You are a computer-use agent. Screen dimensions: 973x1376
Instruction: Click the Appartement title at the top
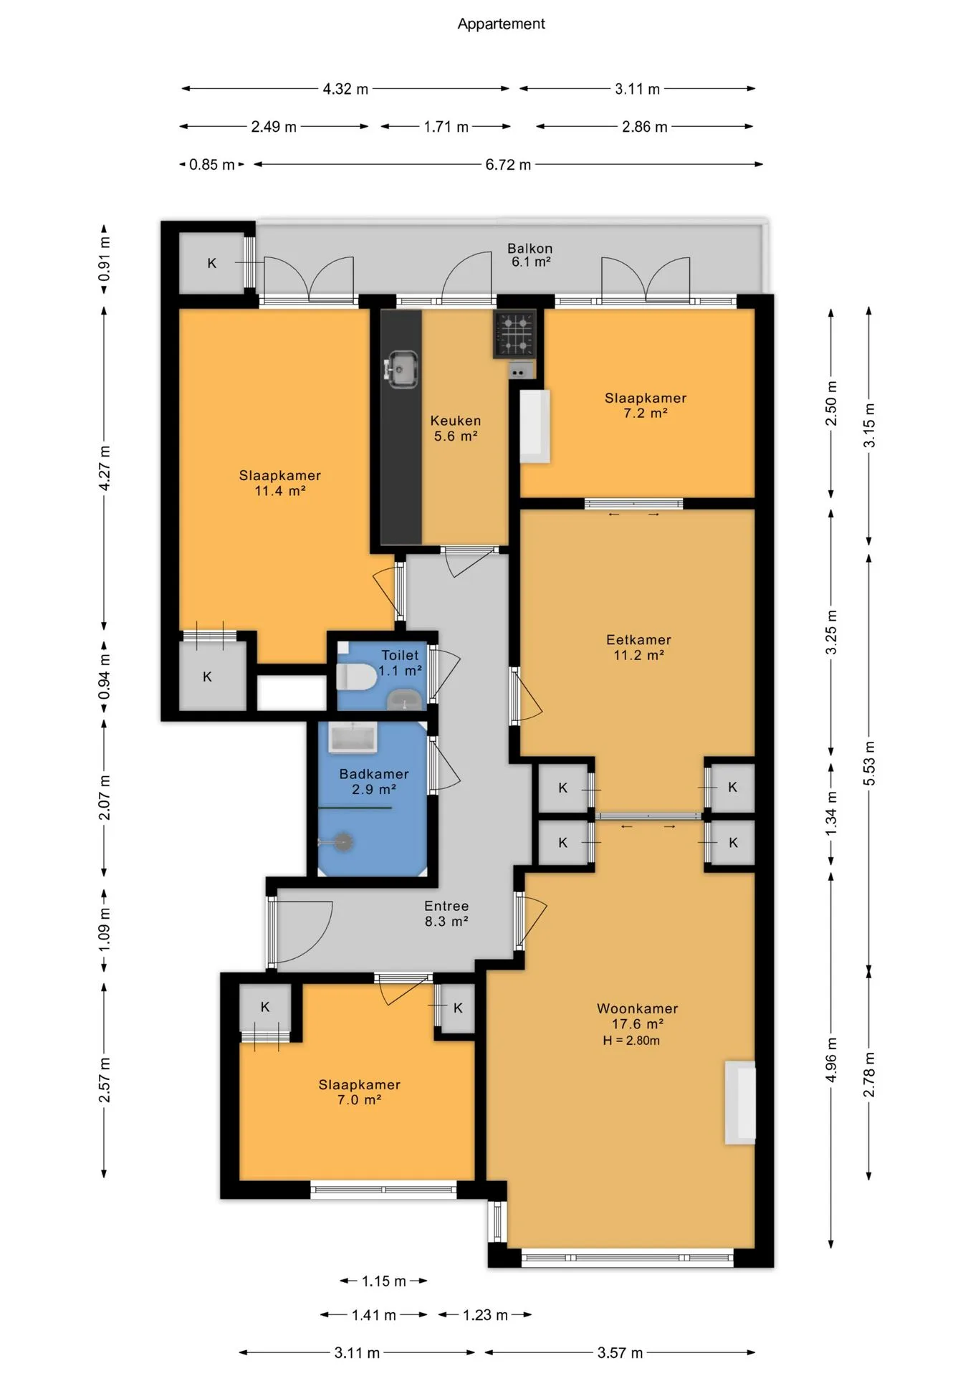point(501,24)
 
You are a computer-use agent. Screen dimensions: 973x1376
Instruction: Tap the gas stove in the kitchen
point(515,334)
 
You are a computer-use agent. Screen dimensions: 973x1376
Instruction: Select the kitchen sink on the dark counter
point(401,370)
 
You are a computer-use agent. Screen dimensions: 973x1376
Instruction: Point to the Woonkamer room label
point(637,1008)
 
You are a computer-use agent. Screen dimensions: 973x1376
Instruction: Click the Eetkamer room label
point(638,640)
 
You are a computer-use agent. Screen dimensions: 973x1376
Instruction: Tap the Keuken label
point(456,421)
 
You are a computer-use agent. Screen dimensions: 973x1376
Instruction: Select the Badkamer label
point(374,774)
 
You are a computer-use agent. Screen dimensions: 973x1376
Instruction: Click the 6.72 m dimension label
point(508,165)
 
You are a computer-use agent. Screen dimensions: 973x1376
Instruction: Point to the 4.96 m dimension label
point(831,1059)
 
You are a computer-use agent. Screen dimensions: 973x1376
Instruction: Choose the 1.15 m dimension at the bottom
point(384,1281)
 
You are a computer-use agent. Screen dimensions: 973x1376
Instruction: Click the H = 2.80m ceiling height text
point(631,1041)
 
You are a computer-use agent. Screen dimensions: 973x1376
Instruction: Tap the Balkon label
point(530,249)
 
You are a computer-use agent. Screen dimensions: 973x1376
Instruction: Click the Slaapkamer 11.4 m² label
point(280,483)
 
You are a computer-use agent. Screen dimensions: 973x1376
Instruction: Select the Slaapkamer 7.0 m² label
point(359,1092)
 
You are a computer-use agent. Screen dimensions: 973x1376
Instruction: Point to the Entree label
point(446,906)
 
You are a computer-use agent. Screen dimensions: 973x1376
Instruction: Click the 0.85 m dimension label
point(212,165)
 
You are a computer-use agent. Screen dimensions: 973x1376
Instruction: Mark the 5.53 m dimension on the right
point(869,763)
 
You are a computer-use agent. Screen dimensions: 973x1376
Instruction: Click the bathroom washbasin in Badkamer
point(353,737)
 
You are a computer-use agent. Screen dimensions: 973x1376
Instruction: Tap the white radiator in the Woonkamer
point(740,1102)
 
